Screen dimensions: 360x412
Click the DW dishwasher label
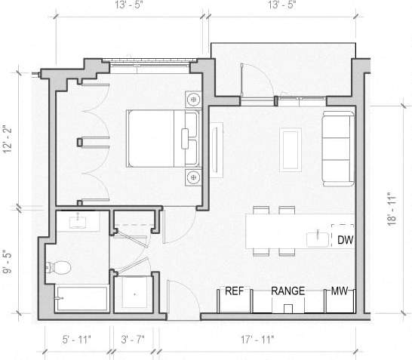[x=345, y=240]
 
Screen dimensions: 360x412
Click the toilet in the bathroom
[x=58, y=266]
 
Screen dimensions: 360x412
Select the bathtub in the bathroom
[x=81, y=300]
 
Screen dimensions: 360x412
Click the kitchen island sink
[x=315, y=240]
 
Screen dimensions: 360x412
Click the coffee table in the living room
[x=291, y=149]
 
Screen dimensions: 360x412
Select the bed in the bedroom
[x=160, y=137]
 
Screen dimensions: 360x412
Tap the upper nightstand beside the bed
[x=194, y=99]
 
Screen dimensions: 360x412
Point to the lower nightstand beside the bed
[x=194, y=177]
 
